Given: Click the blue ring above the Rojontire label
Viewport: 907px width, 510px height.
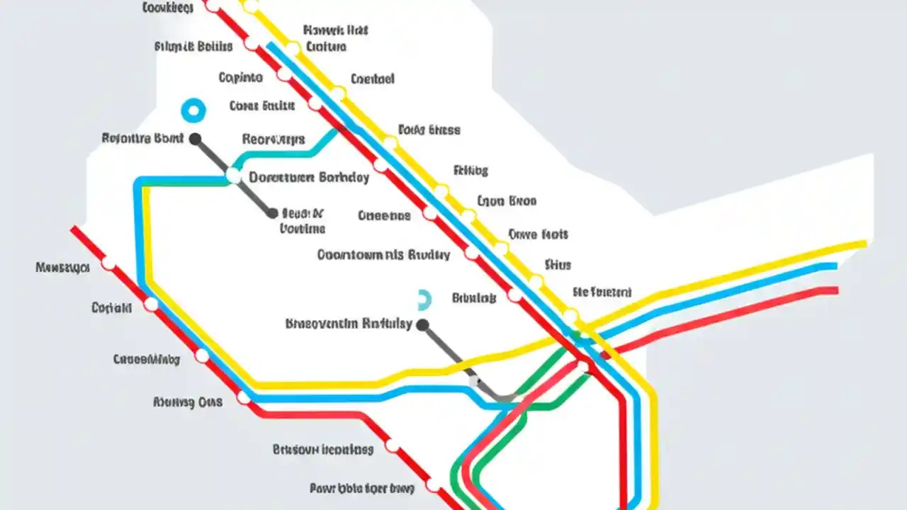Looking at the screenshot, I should coord(193,110).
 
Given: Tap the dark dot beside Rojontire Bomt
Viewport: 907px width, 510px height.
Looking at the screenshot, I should coord(195,139).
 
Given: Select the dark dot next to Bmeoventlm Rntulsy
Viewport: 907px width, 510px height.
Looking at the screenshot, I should coord(423,325).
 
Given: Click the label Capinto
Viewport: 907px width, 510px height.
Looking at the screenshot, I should coord(240,78).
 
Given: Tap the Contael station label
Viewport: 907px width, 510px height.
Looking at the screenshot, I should coord(372,79).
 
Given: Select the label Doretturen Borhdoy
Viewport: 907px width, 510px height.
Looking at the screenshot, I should coord(310,177).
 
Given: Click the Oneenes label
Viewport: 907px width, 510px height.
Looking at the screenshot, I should coord(384,215).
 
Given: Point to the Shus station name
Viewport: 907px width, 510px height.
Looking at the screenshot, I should coord(558,265).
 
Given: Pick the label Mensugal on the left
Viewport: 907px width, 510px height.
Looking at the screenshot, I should coord(62,268).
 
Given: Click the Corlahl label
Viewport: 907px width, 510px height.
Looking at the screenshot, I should coord(112,308).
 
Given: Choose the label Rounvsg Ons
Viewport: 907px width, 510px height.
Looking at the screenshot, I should coord(188,402).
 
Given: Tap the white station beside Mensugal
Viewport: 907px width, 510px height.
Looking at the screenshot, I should coord(108,264).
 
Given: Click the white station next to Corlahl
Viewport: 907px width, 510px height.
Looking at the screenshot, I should coord(151,305).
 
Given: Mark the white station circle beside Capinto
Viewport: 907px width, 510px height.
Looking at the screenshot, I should coord(284,74).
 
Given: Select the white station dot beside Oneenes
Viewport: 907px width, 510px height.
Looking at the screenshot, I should coord(430,213).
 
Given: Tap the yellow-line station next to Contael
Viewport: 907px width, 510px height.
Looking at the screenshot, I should coord(338,93).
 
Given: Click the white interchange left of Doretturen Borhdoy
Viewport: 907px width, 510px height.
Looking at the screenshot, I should coord(233,176).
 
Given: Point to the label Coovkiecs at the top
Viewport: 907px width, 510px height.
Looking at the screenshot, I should coord(168,8).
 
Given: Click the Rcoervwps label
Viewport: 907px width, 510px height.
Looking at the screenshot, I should coord(274,139).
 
